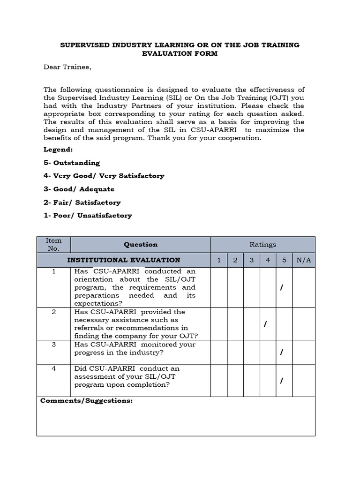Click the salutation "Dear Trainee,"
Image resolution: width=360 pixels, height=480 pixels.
67,67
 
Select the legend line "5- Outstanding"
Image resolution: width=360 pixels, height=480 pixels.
72,163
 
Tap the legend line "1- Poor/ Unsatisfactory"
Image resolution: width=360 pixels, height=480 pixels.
88,216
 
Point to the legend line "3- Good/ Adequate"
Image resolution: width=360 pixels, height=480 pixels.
79,189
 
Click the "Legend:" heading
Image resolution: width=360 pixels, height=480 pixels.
58,149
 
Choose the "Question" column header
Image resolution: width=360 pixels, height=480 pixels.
141,244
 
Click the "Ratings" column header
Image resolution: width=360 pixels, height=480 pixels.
262,244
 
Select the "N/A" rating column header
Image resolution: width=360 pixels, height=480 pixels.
303,260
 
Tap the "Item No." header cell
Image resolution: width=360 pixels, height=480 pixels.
53,244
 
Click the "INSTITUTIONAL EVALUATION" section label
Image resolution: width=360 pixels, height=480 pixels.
124,260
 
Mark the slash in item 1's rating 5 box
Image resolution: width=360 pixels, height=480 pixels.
281,287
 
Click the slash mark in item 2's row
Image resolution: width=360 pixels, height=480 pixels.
265,324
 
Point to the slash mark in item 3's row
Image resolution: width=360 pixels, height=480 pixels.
281,352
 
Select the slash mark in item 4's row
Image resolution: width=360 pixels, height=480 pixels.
281,381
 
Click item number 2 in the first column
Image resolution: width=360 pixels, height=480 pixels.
53,312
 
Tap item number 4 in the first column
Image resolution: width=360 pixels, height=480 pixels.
53,368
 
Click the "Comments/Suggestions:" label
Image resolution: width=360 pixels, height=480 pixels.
87,401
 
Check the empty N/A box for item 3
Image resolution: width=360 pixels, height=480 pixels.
303,352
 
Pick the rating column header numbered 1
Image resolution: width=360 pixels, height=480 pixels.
218,260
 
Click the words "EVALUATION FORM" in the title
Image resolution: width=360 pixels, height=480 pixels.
180,54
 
